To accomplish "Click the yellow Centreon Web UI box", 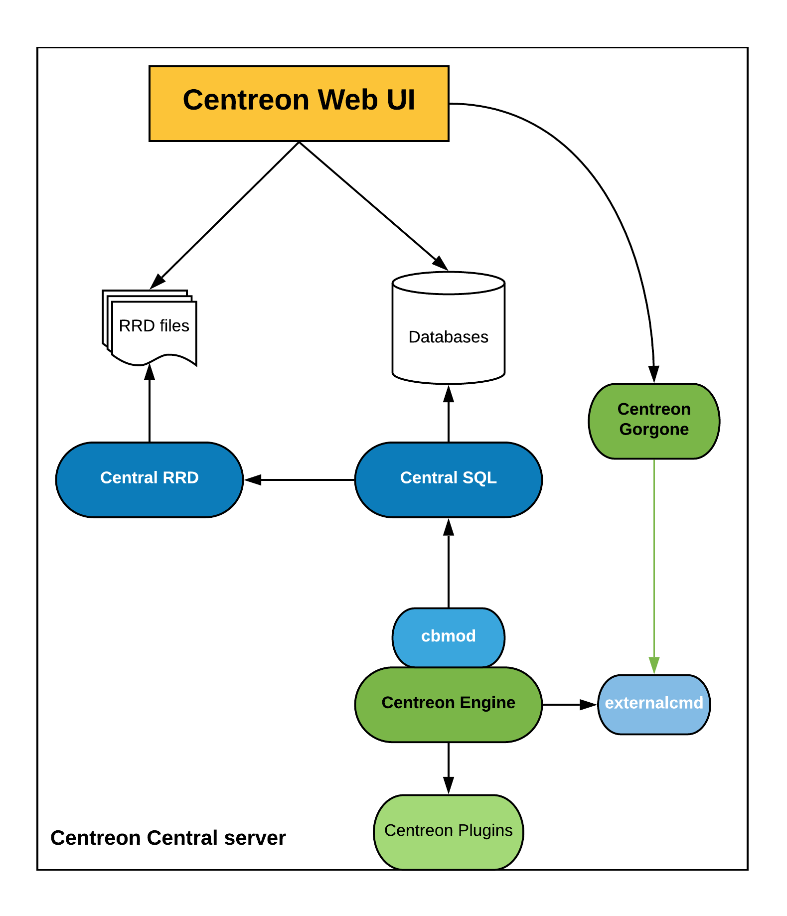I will [x=299, y=104].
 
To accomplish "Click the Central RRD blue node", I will [x=149, y=479].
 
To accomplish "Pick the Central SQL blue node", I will [x=448, y=479].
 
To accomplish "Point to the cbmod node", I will [x=448, y=636].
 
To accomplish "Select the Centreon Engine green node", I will [x=448, y=704].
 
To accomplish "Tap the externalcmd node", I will [x=653, y=704].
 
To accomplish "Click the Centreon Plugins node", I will [x=448, y=831].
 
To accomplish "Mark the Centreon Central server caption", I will [x=168, y=838].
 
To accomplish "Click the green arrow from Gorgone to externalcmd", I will [x=654, y=563].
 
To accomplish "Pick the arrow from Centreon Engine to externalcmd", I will [x=568, y=704].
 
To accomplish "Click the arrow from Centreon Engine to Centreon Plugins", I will [x=449, y=767].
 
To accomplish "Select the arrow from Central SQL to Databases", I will [x=449, y=414].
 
